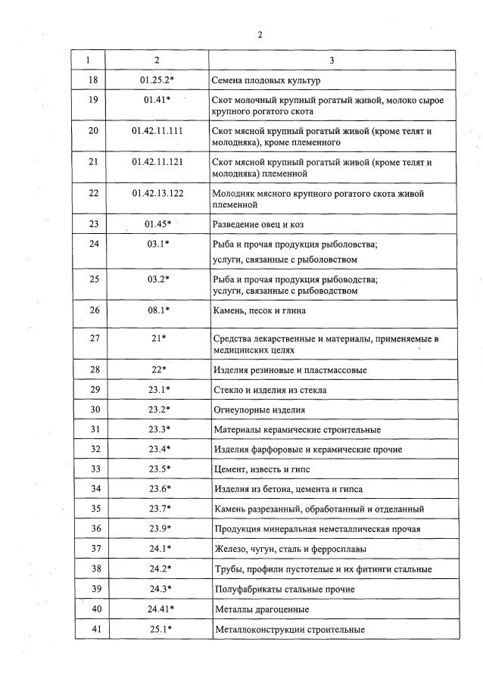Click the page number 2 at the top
[259, 35]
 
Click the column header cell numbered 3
[332, 60]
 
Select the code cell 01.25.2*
[157, 79]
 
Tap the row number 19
[94, 100]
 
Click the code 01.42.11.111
[157, 131]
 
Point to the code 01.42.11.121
[157, 162]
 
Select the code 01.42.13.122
[157, 193]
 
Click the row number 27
[94, 338]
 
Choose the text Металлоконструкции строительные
[290, 629]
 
